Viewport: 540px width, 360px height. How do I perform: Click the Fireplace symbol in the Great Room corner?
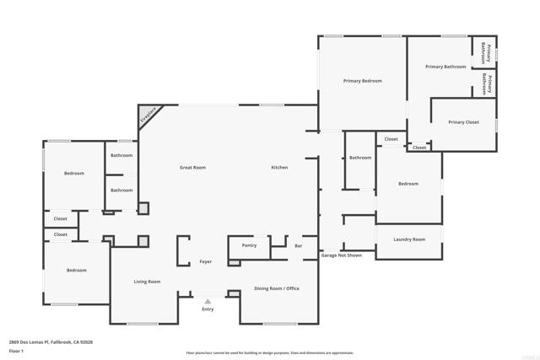pos(148,115)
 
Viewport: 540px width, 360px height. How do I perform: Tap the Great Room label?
pos(192,168)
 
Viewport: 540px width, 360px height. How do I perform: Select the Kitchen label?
pos(279,168)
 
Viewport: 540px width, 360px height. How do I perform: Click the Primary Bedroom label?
pos(362,81)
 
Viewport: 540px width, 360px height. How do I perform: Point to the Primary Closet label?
pos(463,122)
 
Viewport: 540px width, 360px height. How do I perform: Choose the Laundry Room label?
pos(409,239)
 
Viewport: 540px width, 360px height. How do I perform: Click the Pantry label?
pos(249,245)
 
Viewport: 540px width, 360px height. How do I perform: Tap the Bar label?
pos(299,246)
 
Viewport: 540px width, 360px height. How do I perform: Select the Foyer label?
pos(205,262)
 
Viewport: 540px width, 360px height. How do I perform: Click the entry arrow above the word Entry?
pos(208,301)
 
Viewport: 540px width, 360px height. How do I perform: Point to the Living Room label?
pos(147,282)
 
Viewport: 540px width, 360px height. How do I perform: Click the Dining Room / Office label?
pos(277,288)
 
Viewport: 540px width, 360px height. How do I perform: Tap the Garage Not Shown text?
pos(342,255)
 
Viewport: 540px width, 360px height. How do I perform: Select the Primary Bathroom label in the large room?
pos(445,67)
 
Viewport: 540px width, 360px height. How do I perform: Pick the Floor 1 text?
pos(16,350)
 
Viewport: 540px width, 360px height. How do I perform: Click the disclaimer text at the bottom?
pos(270,352)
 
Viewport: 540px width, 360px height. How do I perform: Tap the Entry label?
pos(208,309)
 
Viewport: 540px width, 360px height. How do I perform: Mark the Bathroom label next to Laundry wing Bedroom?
pos(360,158)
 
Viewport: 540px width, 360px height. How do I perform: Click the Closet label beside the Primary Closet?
pos(419,148)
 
